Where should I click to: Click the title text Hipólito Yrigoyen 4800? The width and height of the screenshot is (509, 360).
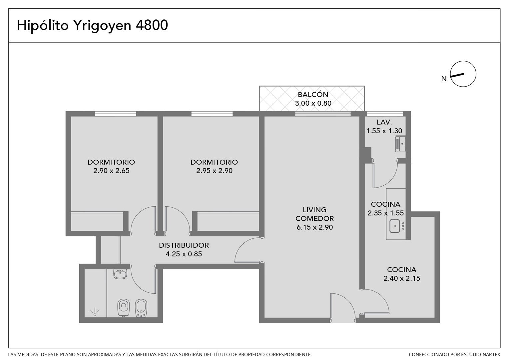point(92,25)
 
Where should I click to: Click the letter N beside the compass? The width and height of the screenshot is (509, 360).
point(444,79)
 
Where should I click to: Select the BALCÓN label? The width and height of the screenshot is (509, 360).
point(313,94)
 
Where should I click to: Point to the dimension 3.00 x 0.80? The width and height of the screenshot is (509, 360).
point(313,103)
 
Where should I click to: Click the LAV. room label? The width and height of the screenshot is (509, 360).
point(384,122)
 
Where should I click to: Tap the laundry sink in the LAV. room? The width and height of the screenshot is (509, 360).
point(400,144)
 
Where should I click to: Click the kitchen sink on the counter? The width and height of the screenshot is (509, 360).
point(395,226)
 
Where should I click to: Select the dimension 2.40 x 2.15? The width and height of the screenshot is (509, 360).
point(402,278)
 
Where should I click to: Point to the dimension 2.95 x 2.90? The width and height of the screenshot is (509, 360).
point(214,171)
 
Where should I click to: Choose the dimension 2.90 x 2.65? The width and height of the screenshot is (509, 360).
point(111,171)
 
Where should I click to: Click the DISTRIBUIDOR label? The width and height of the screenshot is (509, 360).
point(184,245)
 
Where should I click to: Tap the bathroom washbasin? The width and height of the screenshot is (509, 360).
point(120,274)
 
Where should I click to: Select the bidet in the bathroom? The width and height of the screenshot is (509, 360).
point(141,308)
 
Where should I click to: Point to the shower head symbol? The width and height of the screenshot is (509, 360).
point(95,312)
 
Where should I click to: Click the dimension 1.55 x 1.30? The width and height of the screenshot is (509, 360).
point(384,131)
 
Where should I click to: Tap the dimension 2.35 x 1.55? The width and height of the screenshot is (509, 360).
point(386,213)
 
